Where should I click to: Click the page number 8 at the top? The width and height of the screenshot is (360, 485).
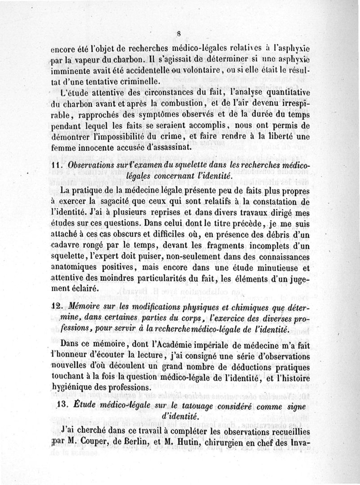coord(179,32)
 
